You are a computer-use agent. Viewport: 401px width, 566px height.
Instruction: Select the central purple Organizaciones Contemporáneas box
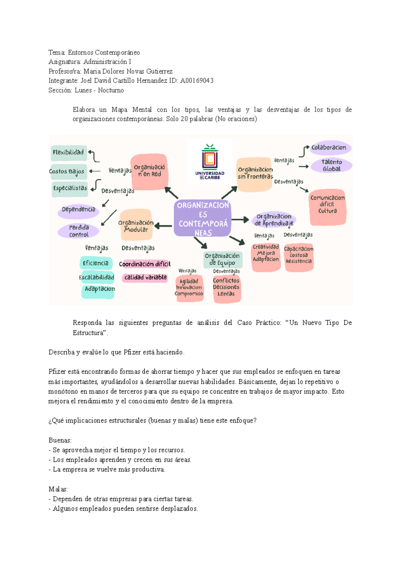click(x=203, y=219)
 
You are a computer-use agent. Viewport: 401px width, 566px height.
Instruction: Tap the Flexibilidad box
click(x=69, y=153)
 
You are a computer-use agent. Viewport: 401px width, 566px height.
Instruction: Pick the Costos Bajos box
click(x=68, y=172)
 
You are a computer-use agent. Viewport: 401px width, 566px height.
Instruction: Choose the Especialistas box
click(x=70, y=188)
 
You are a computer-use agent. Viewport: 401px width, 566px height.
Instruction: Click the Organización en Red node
click(x=149, y=171)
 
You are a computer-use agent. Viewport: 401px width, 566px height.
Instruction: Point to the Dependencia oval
click(x=79, y=210)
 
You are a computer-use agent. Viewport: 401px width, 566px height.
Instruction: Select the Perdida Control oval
click(x=79, y=231)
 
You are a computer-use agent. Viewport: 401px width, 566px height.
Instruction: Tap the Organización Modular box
click(x=136, y=226)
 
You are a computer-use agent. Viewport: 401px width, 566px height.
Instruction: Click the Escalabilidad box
click(x=97, y=277)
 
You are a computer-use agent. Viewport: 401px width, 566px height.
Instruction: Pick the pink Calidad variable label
click(x=145, y=278)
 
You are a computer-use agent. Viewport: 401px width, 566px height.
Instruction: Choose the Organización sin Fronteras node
click(x=255, y=174)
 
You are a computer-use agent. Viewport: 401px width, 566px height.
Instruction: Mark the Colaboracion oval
click(x=329, y=148)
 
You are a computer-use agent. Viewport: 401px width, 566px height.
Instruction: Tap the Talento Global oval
click(x=331, y=165)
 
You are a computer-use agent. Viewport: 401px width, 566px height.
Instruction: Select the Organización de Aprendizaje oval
click(x=274, y=220)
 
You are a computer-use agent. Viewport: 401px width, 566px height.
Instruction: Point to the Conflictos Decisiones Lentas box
click(x=226, y=288)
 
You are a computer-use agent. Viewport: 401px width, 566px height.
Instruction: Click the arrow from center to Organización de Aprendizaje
click(x=240, y=220)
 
